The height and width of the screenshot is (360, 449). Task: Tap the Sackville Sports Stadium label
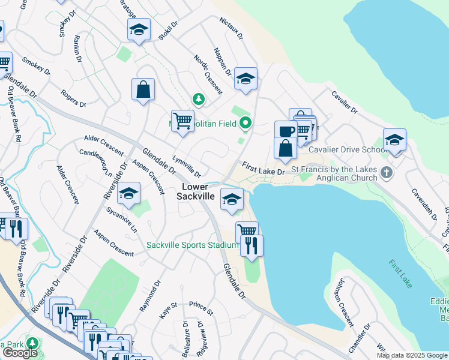[193, 245]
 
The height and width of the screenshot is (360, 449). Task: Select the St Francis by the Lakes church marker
[386, 173]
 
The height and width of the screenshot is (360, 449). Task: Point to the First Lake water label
[400, 274]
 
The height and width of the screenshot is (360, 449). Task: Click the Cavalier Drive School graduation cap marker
[394, 140]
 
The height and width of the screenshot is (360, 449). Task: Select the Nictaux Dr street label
[231, 28]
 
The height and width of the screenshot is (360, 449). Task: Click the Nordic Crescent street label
[208, 74]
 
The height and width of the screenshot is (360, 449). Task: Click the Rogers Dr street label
[73, 98]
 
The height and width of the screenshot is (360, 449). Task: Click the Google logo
[20, 353]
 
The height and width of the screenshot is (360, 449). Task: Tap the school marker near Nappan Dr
[246, 79]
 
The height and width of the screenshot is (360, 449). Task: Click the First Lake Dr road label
[263, 168]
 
